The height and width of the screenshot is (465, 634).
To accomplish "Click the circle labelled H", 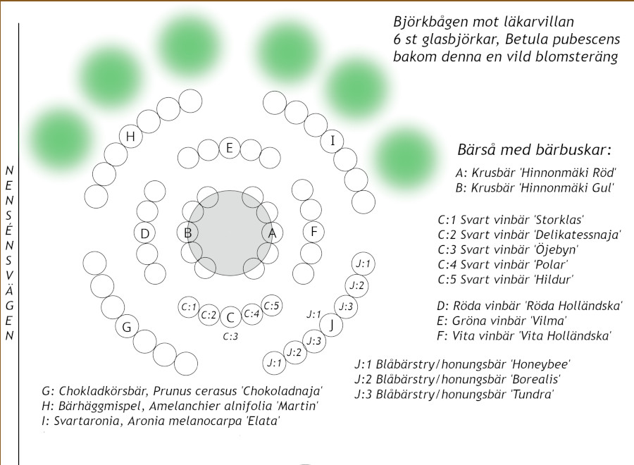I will (x=130, y=137).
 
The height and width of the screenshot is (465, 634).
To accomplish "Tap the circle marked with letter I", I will (x=332, y=140).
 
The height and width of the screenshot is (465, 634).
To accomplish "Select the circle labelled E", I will (x=229, y=147).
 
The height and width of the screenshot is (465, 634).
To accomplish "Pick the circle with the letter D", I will (x=144, y=233).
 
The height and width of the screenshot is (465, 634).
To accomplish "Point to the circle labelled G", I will (x=127, y=327).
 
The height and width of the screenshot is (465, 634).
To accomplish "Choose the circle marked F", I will (x=313, y=231).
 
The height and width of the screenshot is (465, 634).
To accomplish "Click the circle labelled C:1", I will (x=188, y=307).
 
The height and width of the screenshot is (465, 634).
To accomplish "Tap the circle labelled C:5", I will (x=272, y=306).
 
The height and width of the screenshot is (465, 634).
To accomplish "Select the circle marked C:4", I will (x=252, y=314).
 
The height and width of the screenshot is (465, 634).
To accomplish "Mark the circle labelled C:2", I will (x=209, y=315).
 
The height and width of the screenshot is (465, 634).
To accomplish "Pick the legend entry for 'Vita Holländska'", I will (x=524, y=335).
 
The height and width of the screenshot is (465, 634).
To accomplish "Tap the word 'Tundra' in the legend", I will (x=534, y=394).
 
